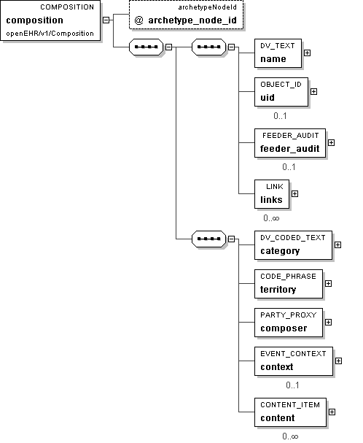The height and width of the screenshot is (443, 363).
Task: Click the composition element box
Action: click(x=50, y=20)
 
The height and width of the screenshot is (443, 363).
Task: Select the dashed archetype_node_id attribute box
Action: click(x=186, y=15)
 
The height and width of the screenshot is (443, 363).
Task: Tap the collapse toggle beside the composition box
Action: click(x=106, y=20)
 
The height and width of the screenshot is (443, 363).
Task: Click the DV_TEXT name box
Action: click(x=278, y=53)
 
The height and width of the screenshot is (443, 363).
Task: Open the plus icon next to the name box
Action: click(x=307, y=53)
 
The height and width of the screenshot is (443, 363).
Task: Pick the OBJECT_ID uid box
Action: click(x=281, y=92)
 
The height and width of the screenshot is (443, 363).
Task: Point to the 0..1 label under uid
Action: click(x=280, y=116)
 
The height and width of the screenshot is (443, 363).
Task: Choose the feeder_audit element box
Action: click(x=290, y=143)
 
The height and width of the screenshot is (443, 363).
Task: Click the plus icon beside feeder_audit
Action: click(x=332, y=142)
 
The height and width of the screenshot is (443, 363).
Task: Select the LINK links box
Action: click(x=272, y=194)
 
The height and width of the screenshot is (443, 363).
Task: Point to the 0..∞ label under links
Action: click(x=271, y=218)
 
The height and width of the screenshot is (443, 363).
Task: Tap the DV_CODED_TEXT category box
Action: click(x=293, y=245)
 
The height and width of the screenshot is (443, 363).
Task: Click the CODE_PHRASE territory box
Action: click(x=289, y=284)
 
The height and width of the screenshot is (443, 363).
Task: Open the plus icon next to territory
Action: click(x=328, y=283)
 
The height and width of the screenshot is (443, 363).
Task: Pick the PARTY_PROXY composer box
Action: click(x=289, y=323)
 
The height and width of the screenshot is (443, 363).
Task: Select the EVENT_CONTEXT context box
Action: click(x=294, y=361)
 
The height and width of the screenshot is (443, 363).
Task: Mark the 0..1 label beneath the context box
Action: click(x=292, y=385)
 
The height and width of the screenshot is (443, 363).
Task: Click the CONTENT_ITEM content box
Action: click(x=290, y=412)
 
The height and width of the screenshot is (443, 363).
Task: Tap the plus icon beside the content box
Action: click(x=332, y=412)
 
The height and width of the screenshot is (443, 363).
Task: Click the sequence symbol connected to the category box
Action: click(x=208, y=239)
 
